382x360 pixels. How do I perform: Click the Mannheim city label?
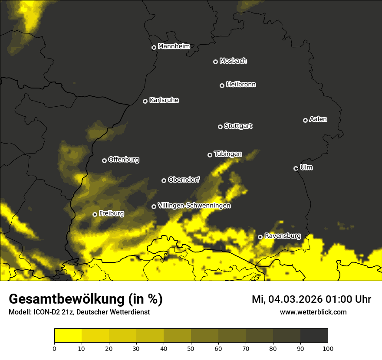pos(174,46)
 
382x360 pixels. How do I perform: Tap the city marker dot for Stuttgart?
pos(220,127)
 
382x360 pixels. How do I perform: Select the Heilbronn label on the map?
pos(241,84)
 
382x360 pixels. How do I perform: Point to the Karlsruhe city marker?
pos(145,101)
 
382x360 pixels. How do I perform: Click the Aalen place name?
pos(318,119)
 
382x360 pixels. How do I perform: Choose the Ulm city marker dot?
pos(296,168)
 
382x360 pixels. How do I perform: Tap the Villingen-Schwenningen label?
pos(194,205)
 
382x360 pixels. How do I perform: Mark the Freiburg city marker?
pos(95,214)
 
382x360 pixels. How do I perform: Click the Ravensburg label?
pos(283,236)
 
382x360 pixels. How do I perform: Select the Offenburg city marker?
pos(104,160)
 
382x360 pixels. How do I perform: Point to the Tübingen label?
pos(228,154)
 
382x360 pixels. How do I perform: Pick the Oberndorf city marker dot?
pos(164,180)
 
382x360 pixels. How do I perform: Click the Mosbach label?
pos(233,61)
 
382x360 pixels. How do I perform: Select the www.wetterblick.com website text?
pos(313,312)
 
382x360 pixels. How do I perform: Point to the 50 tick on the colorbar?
pos(191,348)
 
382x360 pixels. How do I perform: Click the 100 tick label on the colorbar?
pos(328,348)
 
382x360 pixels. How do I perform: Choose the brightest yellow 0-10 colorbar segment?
pos(68,335)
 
